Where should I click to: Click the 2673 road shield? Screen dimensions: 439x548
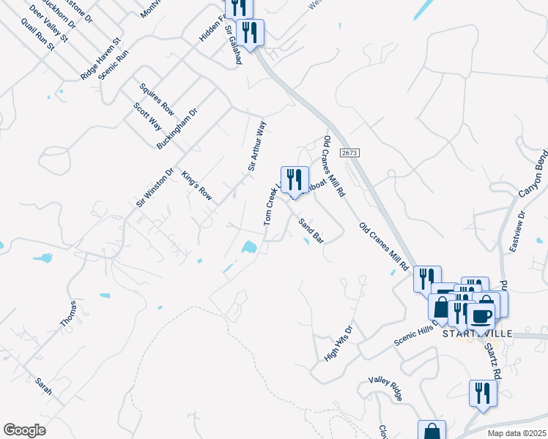(348, 152)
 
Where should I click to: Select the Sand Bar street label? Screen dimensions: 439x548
(311, 230)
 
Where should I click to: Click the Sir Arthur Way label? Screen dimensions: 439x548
(256, 146)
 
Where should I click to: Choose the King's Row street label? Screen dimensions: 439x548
(196, 186)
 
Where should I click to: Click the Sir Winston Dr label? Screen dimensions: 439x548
(155, 188)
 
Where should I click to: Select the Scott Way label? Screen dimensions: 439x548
(147, 116)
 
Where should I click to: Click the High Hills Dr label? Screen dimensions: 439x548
(338, 344)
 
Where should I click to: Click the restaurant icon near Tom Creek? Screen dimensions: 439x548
(295, 179)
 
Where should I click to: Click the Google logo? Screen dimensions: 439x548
(24, 430)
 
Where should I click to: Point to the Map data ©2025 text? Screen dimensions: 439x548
(517, 433)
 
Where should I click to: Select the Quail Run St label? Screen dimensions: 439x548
(40, 35)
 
